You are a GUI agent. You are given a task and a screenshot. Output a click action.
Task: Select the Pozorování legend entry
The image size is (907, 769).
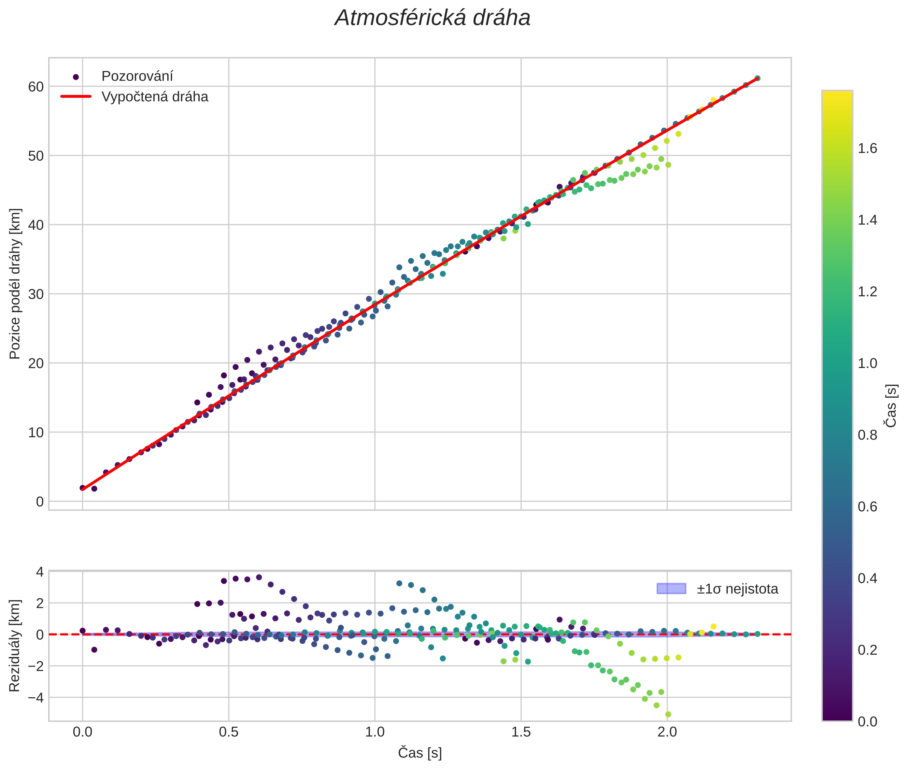point(137,76)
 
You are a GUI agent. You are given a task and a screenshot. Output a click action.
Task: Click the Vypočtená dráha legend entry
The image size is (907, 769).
point(154,97)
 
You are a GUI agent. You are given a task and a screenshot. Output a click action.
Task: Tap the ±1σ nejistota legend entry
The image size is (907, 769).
point(737,589)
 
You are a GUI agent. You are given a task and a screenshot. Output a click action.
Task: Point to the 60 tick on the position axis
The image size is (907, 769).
point(36,87)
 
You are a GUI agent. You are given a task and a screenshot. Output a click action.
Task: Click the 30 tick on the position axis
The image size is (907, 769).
point(36,294)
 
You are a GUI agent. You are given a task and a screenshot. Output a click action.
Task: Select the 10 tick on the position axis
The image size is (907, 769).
point(36,432)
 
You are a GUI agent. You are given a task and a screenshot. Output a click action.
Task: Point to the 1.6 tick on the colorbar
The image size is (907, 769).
point(867,149)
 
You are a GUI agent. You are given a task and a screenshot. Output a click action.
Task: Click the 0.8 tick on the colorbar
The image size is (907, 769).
point(867,435)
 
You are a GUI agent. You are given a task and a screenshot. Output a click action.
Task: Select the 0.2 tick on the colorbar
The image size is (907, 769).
point(867,650)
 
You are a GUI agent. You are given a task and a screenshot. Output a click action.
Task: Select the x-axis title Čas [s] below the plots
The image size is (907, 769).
point(420,753)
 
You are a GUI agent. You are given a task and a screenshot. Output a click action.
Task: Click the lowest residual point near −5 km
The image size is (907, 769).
point(668,714)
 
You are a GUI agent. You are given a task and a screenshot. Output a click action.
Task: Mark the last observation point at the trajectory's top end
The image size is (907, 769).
point(757,78)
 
